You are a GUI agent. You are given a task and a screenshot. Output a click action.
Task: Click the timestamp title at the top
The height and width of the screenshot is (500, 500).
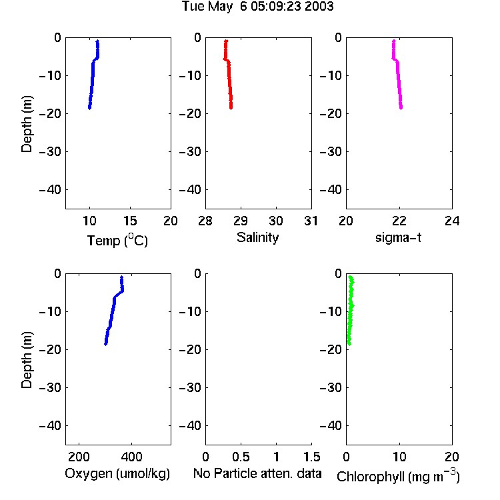click(x=257, y=6)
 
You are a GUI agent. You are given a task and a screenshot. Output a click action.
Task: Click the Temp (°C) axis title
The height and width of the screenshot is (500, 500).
click(x=117, y=240)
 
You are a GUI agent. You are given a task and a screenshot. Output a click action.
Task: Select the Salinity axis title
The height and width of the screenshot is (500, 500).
click(x=257, y=237)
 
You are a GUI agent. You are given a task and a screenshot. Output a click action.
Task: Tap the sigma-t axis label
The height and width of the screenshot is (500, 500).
click(x=398, y=237)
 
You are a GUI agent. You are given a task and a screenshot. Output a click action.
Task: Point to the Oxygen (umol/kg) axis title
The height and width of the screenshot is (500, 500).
click(x=117, y=473)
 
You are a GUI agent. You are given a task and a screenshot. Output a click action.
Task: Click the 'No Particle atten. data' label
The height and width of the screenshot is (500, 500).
click(x=257, y=473)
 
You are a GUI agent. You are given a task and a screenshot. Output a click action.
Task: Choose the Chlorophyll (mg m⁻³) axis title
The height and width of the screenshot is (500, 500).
click(x=398, y=476)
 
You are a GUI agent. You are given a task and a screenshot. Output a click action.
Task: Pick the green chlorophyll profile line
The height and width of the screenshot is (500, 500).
click(x=351, y=310)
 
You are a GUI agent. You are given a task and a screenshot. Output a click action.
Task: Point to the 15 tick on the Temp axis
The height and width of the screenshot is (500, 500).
click(x=130, y=221)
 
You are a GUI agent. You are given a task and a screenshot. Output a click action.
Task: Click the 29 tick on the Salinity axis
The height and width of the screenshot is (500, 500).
click(x=241, y=221)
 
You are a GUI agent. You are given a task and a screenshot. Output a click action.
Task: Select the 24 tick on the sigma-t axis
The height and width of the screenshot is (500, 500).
click(x=452, y=221)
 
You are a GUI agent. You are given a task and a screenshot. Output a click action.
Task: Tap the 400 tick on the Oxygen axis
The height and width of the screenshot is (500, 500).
click(x=131, y=457)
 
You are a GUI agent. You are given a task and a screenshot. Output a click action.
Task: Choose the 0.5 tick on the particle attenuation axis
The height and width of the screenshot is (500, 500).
click(x=241, y=457)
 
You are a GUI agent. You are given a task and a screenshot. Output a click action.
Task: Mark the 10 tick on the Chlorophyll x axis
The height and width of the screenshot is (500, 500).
click(x=399, y=457)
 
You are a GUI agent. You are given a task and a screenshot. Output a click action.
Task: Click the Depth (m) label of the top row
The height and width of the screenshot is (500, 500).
click(x=27, y=124)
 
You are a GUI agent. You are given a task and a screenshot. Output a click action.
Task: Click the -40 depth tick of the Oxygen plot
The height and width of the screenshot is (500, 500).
click(x=50, y=425)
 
